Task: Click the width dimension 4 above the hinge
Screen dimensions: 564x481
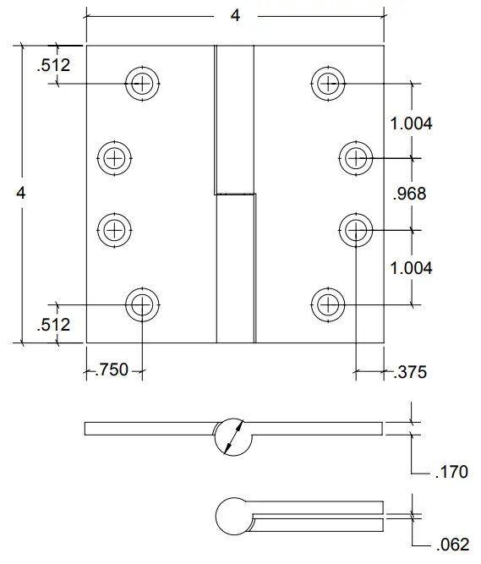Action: point(235,15)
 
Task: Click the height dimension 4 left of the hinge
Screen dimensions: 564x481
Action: point(21,193)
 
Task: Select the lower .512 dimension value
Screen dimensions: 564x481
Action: point(53,325)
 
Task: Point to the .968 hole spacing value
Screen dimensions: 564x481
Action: point(410,194)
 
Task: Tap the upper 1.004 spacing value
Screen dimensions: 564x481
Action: point(412,123)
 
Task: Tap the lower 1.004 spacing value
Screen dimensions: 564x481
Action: point(412,268)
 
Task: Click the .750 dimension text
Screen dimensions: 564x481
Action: point(112,370)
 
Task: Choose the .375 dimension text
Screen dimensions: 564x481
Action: point(410,371)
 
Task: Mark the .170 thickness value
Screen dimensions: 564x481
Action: point(451,473)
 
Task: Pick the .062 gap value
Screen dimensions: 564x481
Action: point(451,545)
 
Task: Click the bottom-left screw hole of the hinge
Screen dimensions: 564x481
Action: point(142,304)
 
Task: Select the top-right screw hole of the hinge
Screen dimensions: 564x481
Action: point(327,82)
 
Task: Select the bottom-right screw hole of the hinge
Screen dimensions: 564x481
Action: point(327,304)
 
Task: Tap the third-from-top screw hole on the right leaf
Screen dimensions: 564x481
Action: point(356,228)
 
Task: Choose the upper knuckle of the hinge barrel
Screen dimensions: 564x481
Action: point(234,118)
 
